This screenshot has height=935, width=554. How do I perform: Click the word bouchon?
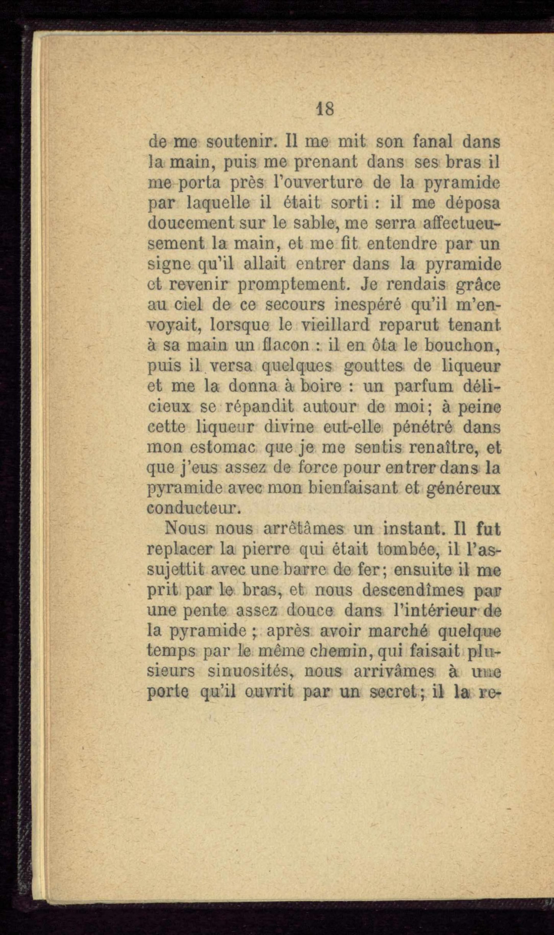click(463, 345)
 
